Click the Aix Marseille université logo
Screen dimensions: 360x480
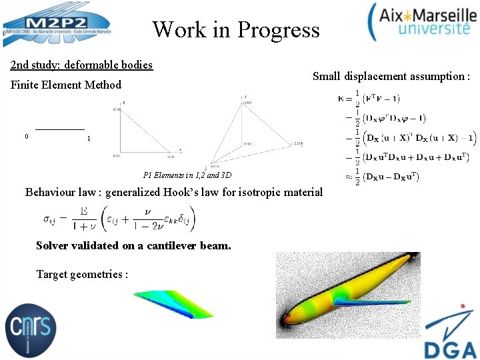421,22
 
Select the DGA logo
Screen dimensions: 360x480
450,332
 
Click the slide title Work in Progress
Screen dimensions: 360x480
235,30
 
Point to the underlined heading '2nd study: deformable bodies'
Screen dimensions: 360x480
81,65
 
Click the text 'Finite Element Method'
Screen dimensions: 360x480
65,85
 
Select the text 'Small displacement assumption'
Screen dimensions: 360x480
391,77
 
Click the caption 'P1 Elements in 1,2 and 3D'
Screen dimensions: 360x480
187,175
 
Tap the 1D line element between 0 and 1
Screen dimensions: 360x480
59,128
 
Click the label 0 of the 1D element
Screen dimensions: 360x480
26,137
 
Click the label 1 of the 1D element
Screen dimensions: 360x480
89,139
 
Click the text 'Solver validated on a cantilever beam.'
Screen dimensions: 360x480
133,245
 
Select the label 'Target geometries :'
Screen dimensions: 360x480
82,274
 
